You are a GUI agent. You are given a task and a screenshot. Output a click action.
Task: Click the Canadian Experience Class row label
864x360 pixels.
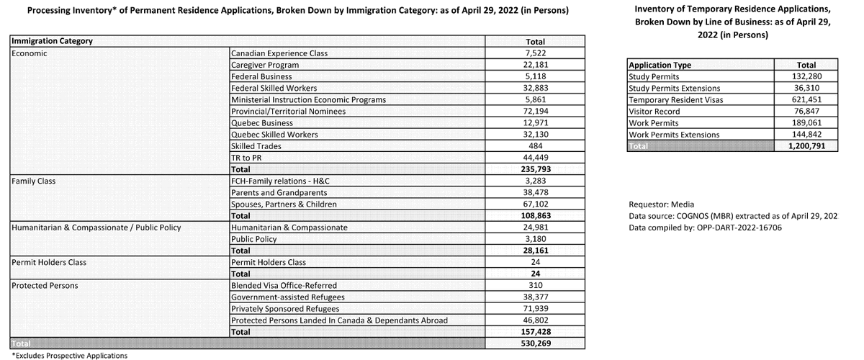pos(277,53)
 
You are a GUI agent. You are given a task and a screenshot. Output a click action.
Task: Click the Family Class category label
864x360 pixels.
pos(35,181)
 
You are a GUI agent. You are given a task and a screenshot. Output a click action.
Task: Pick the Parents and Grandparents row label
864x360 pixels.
pos(279,193)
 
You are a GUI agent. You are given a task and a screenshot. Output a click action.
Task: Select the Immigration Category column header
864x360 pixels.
pos(53,41)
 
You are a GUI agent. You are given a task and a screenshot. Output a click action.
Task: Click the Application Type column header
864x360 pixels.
pos(660,65)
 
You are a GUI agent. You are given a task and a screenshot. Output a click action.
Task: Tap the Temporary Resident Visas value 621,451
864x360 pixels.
pos(805,99)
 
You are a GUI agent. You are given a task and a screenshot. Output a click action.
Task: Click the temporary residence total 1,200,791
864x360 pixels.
pos(805,146)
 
